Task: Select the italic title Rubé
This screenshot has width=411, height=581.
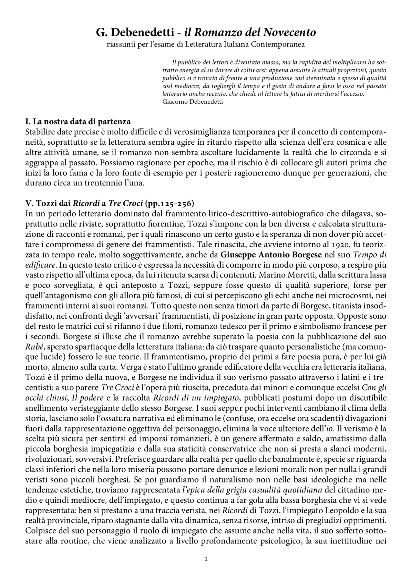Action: pyautogui.click(x=33, y=347)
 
